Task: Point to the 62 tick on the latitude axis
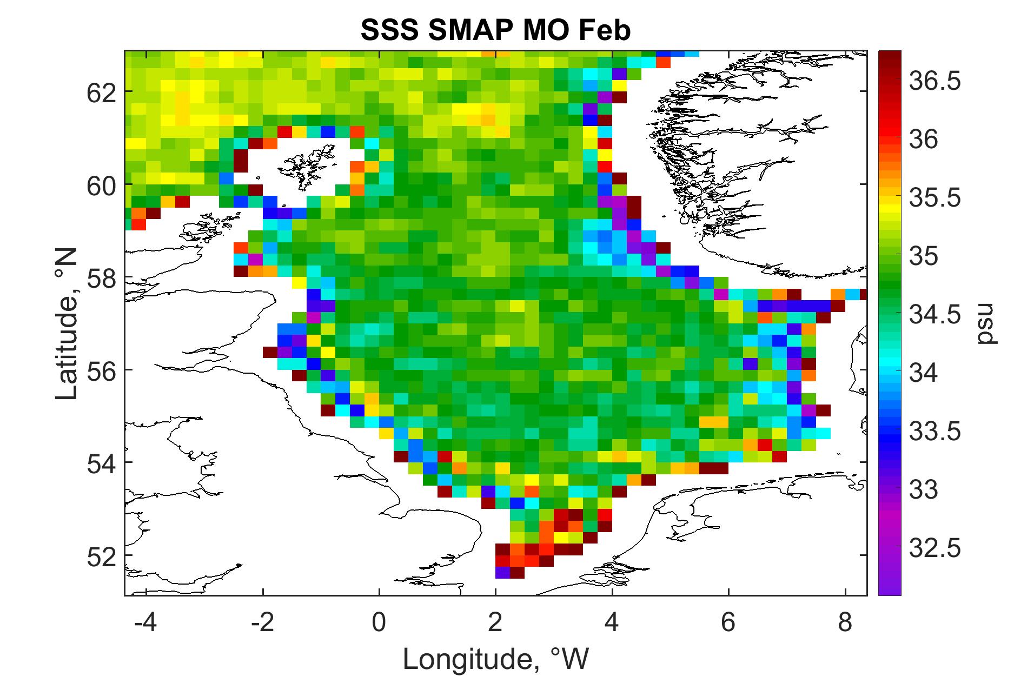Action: click(x=102, y=92)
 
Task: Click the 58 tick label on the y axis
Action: click(x=102, y=277)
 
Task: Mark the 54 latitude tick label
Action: click(x=102, y=463)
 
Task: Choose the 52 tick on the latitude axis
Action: click(x=102, y=555)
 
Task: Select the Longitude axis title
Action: click(x=495, y=659)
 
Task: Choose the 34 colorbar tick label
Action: click(x=924, y=373)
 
